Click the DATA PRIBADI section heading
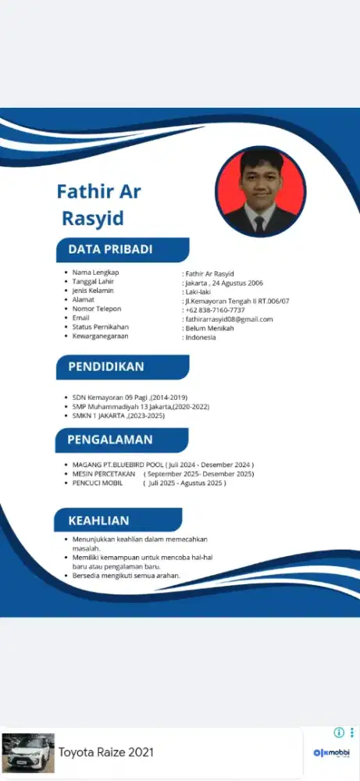[x=110, y=250]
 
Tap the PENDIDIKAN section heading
[x=106, y=367]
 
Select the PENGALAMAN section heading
[x=110, y=440]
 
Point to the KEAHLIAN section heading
[x=98, y=520]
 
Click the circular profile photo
[x=260, y=191]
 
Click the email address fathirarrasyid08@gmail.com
[x=229, y=319]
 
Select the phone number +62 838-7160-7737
[x=216, y=309]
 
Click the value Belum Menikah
[x=209, y=328]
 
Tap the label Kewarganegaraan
[x=100, y=336]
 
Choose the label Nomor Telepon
[x=97, y=308]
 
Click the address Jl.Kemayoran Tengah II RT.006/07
[x=237, y=300]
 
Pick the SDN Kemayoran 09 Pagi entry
[x=130, y=398]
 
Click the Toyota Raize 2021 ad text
[x=106, y=753]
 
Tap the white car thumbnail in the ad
[x=29, y=753]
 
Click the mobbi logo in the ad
[x=331, y=753]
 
